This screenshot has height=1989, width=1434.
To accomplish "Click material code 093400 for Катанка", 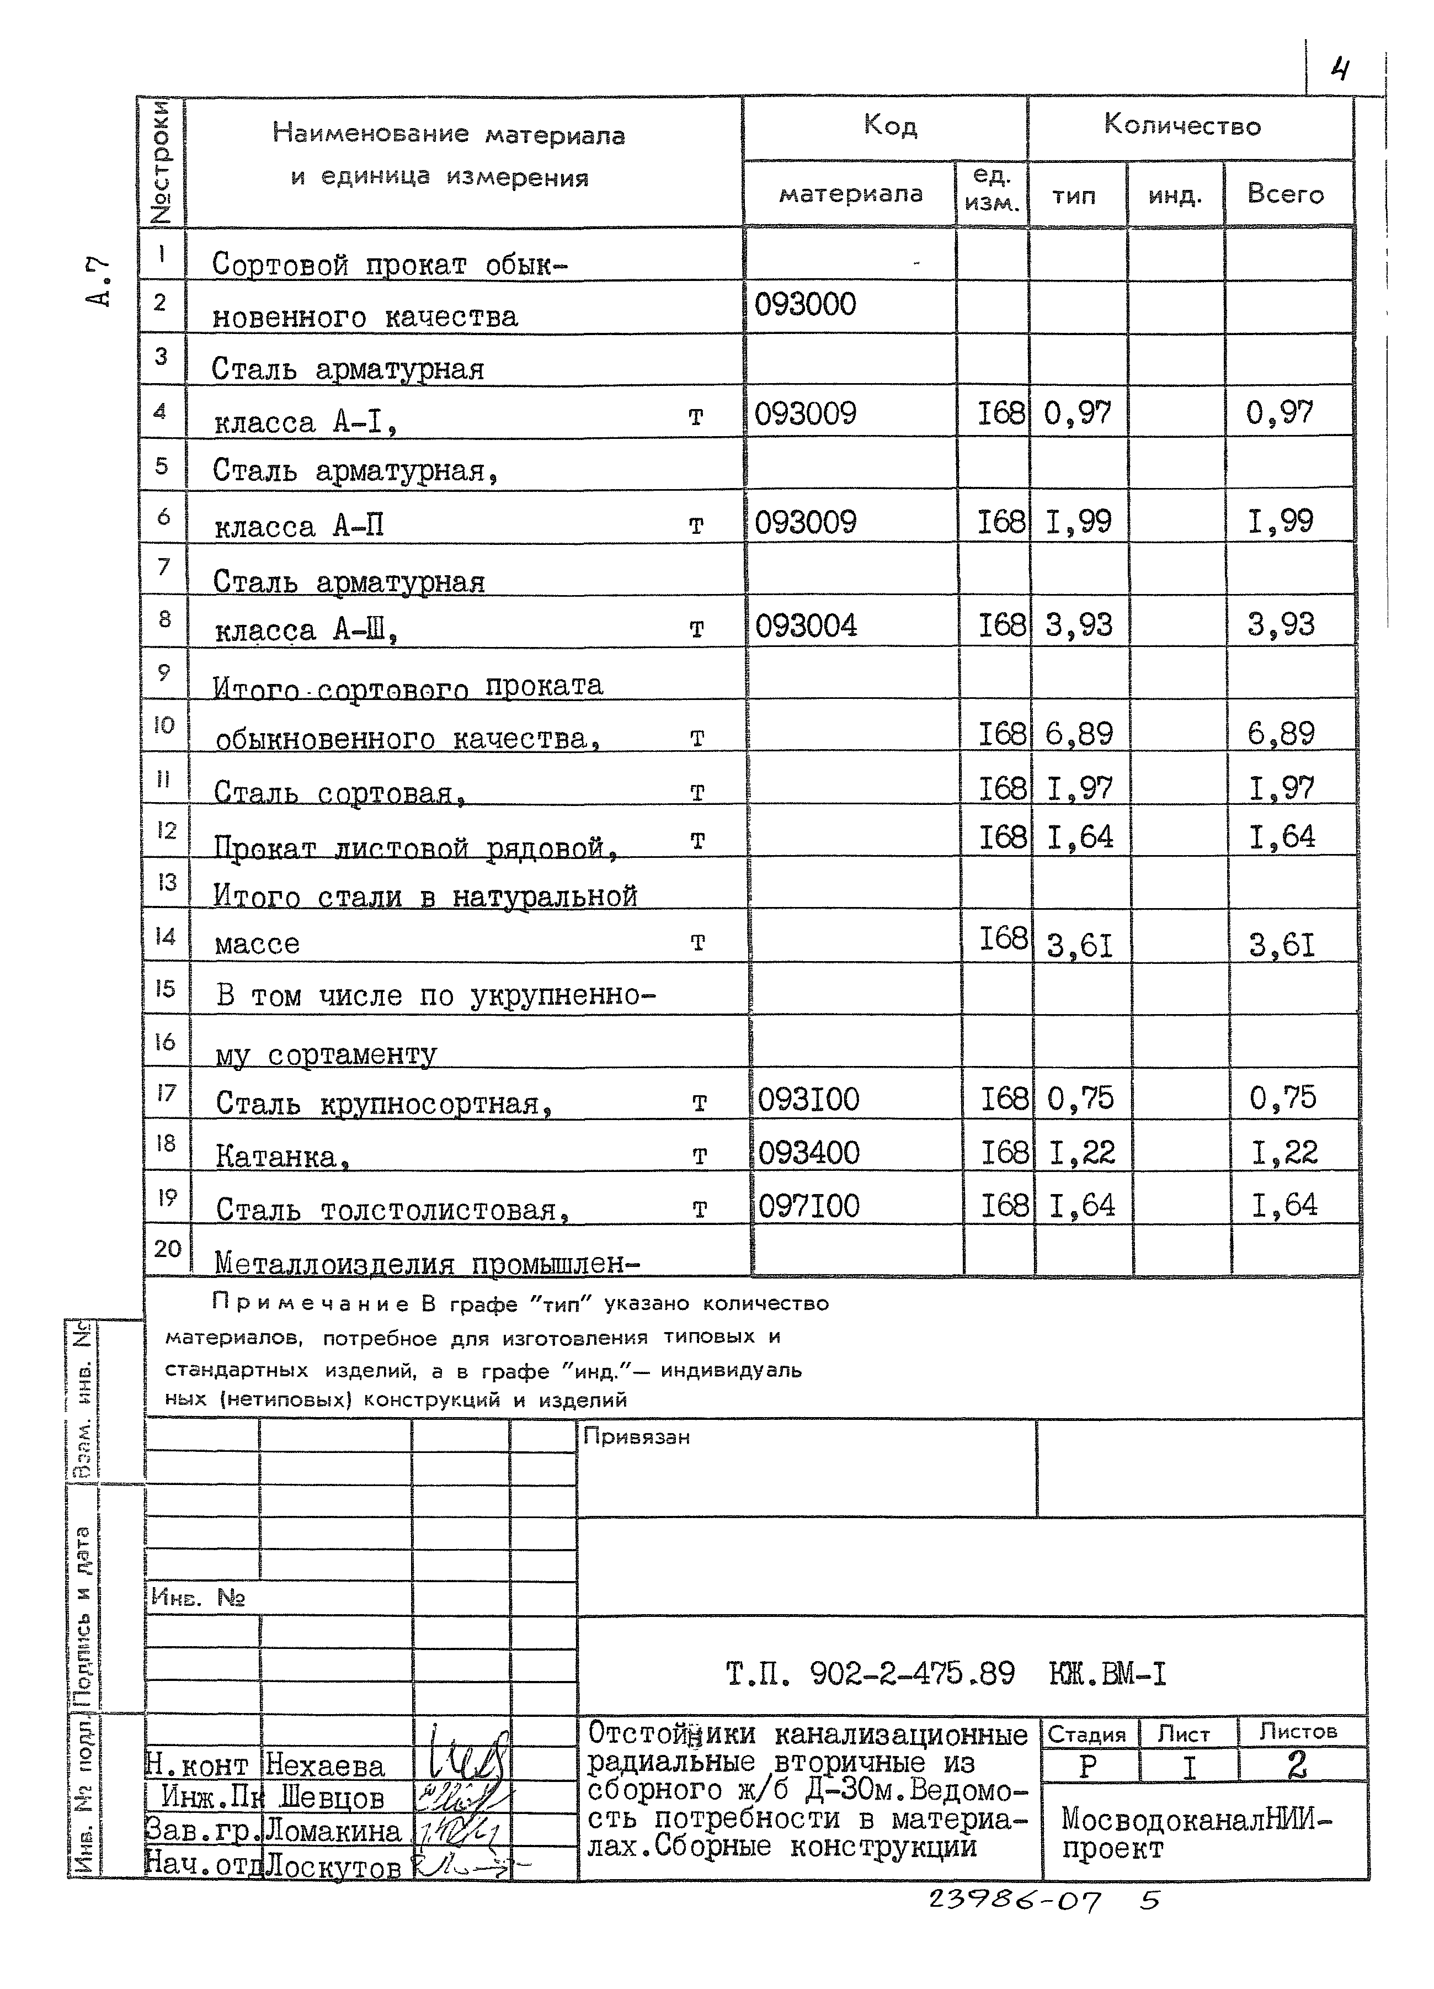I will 808,1152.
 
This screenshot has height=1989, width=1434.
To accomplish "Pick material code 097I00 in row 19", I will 808,1206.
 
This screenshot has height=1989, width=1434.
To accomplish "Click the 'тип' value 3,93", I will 1078,625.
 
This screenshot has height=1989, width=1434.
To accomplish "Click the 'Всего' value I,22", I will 1284,1152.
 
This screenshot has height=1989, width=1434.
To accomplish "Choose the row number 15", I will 166,988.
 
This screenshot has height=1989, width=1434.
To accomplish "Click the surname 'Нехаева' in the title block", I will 324,1765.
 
